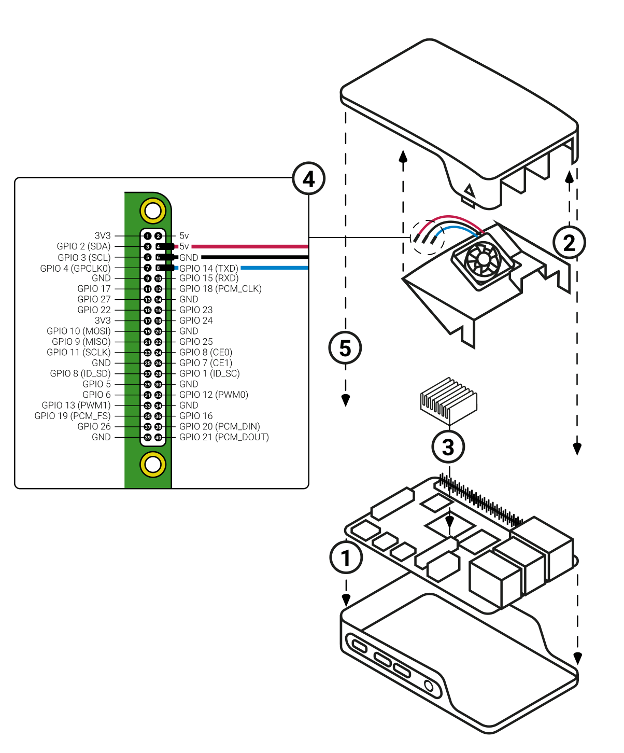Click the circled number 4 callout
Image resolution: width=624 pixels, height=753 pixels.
pyautogui.click(x=309, y=179)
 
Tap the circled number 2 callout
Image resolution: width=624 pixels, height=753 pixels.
pyautogui.click(x=569, y=242)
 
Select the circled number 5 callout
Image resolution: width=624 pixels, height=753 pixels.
pyautogui.click(x=345, y=348)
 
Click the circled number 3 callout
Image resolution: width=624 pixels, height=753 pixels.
pyautogui.click(x=448, y=447)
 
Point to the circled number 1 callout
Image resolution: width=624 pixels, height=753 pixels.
pyautogui.click(x=346, y=557)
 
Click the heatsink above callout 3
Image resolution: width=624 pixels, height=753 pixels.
pyautogui.click(x=448, y=400)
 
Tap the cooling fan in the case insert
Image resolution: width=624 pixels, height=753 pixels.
pyautogui.click(x=482, y=259)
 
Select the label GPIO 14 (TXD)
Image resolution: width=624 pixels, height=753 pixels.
pyautogui.click(x=208, y=268)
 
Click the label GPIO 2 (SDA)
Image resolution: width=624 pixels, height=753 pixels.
pyautogui.click(x=83, y=246)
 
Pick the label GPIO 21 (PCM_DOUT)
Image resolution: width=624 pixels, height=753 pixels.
pyautogui.click(x=224, y=437)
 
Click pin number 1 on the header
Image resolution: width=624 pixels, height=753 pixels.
pyautogui.click(x=148, y=236)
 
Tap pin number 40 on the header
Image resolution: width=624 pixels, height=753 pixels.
pyautogui.click(x=159, y=438)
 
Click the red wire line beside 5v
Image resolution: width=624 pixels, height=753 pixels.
pyautogui.click(x=249, y=246)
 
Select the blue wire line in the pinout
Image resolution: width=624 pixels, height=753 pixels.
pyautogui.click(x=275, y=268)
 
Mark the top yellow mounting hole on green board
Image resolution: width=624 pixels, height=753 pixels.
pyautogui.click(x=153, y=211)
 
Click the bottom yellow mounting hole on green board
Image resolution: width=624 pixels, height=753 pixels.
pyautogui.click(x=153, y=464)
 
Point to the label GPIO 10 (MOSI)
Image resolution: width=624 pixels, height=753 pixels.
pyautogui.click(x=79, y=331)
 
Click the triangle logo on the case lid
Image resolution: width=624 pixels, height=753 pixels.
pyautogui.click(x=469, y=191)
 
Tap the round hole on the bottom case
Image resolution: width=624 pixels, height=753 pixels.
pyautogui.click(x=429, y=686)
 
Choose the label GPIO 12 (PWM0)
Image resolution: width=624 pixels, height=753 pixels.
pyautogui.click(x=214, y=395)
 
